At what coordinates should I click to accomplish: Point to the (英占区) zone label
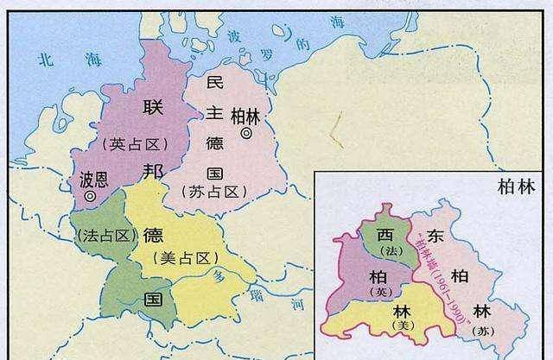pyautogui.click(x=134, y=143)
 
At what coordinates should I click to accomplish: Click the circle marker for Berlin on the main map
pyautogui.click(x=247, y=134)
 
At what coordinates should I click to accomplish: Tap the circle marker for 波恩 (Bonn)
pyautogui.click(x=90, y=197)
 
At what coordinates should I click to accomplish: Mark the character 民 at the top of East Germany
pyautogui.click(x=214, y=84)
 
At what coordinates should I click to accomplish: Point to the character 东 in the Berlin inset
pyautogui.click(x=436, y=236)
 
